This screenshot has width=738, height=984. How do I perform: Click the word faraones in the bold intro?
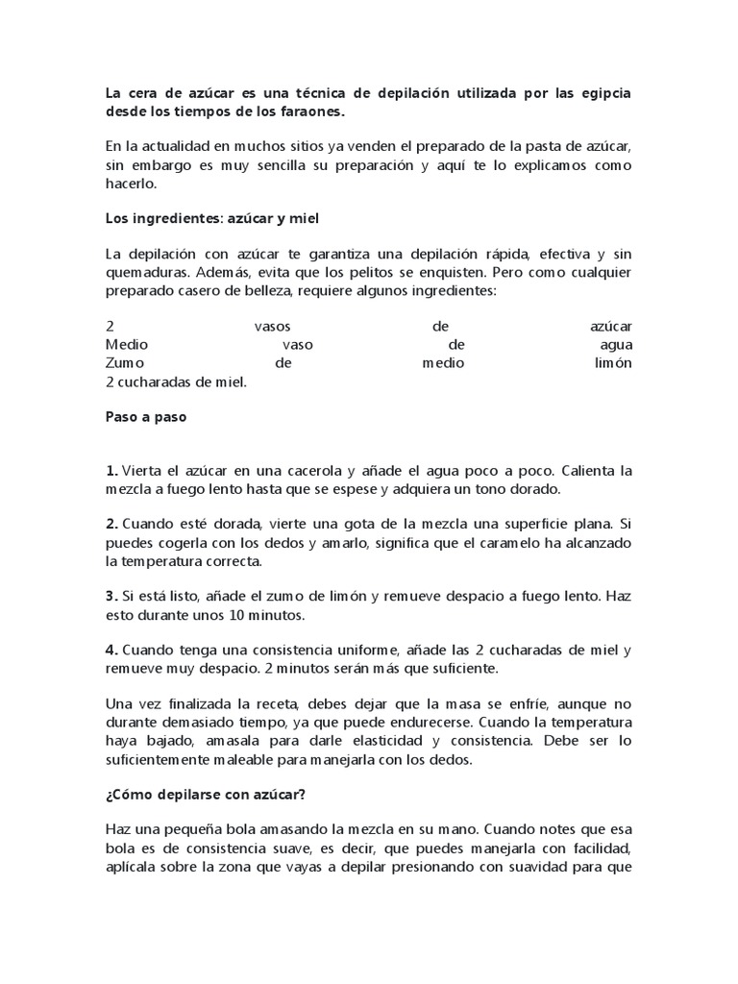click(309, 112)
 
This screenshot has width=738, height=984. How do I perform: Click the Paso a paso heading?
click(146, 418)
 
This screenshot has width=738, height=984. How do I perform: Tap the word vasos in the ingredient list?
click(272, 328)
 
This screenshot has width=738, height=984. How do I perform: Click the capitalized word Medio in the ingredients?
click(127, 345)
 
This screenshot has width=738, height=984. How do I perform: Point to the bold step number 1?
click(111, 471)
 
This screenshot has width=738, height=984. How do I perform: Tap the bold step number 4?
click(111, 651)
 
